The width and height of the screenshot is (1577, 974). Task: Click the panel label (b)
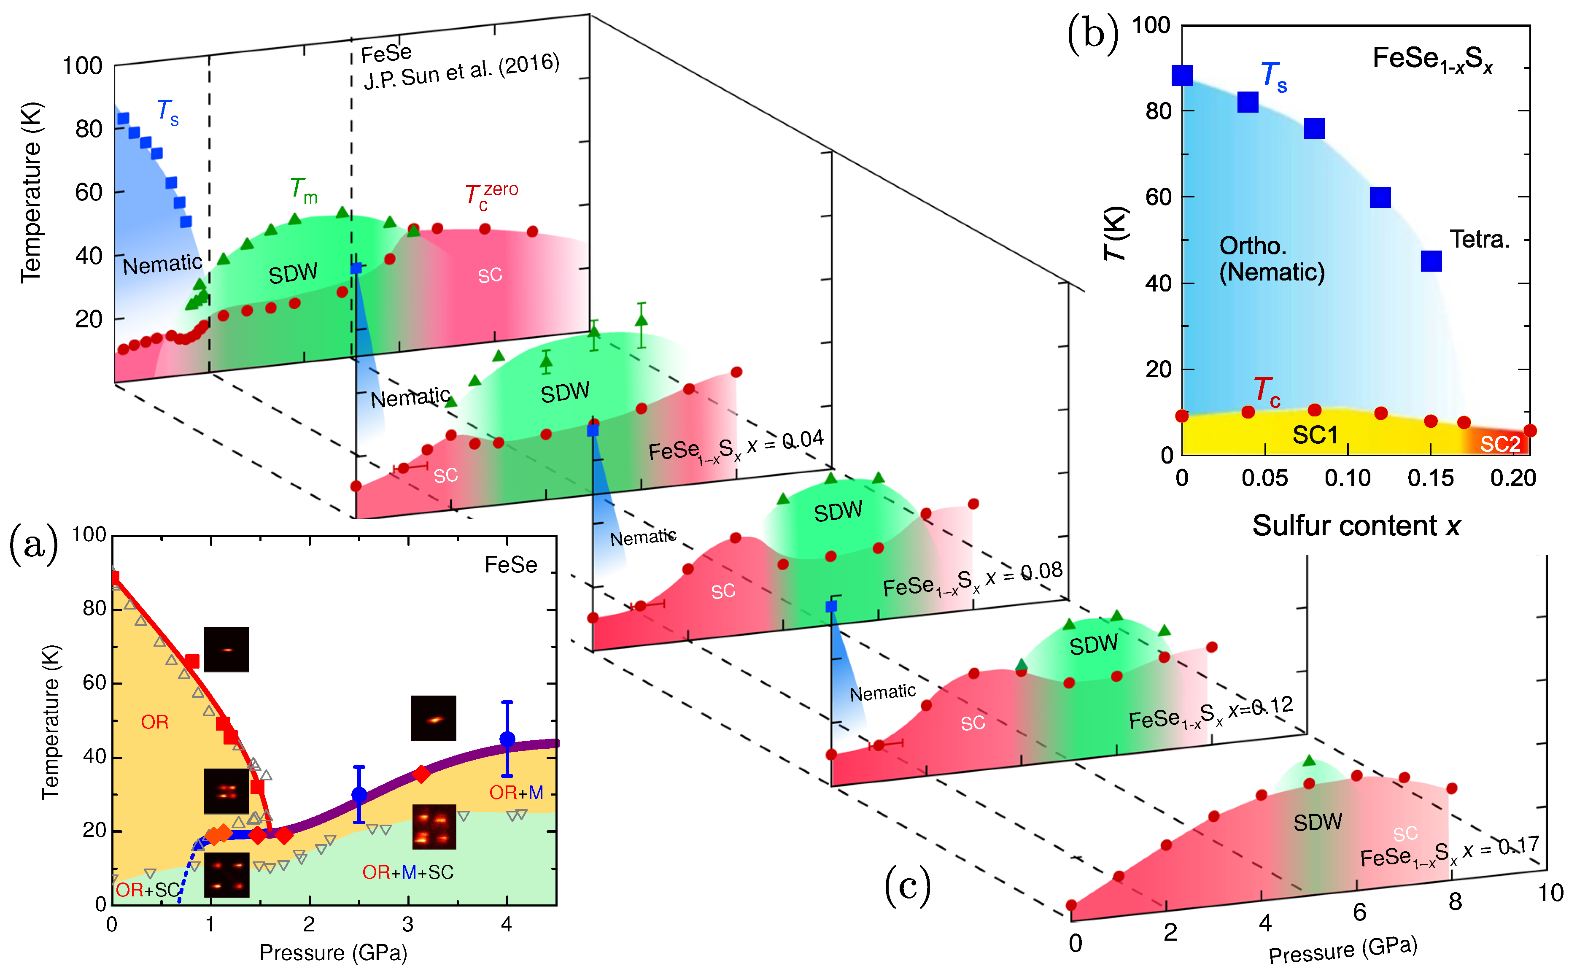[1093, 33]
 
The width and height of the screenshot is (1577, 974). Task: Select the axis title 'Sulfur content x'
[1356, 526]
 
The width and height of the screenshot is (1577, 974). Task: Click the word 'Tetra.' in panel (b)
[1479, 240]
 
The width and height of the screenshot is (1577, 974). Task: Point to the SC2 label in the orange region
[1500, 444]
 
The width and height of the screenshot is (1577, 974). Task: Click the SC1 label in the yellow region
[1315, 435]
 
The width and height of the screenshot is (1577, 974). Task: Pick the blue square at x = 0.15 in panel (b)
[1431, 261]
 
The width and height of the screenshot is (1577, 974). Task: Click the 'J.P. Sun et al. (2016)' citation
[461, 72]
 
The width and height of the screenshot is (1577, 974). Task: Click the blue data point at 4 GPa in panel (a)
[507, 739]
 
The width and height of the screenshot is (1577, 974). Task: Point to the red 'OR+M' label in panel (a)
[516, 792]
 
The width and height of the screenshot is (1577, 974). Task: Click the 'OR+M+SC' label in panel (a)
[407, 872]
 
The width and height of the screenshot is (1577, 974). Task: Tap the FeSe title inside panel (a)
[511, 565]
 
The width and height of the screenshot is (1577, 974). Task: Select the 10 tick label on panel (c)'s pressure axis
[1550, 893]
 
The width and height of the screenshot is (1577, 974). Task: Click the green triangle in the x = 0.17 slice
[1308, 761]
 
